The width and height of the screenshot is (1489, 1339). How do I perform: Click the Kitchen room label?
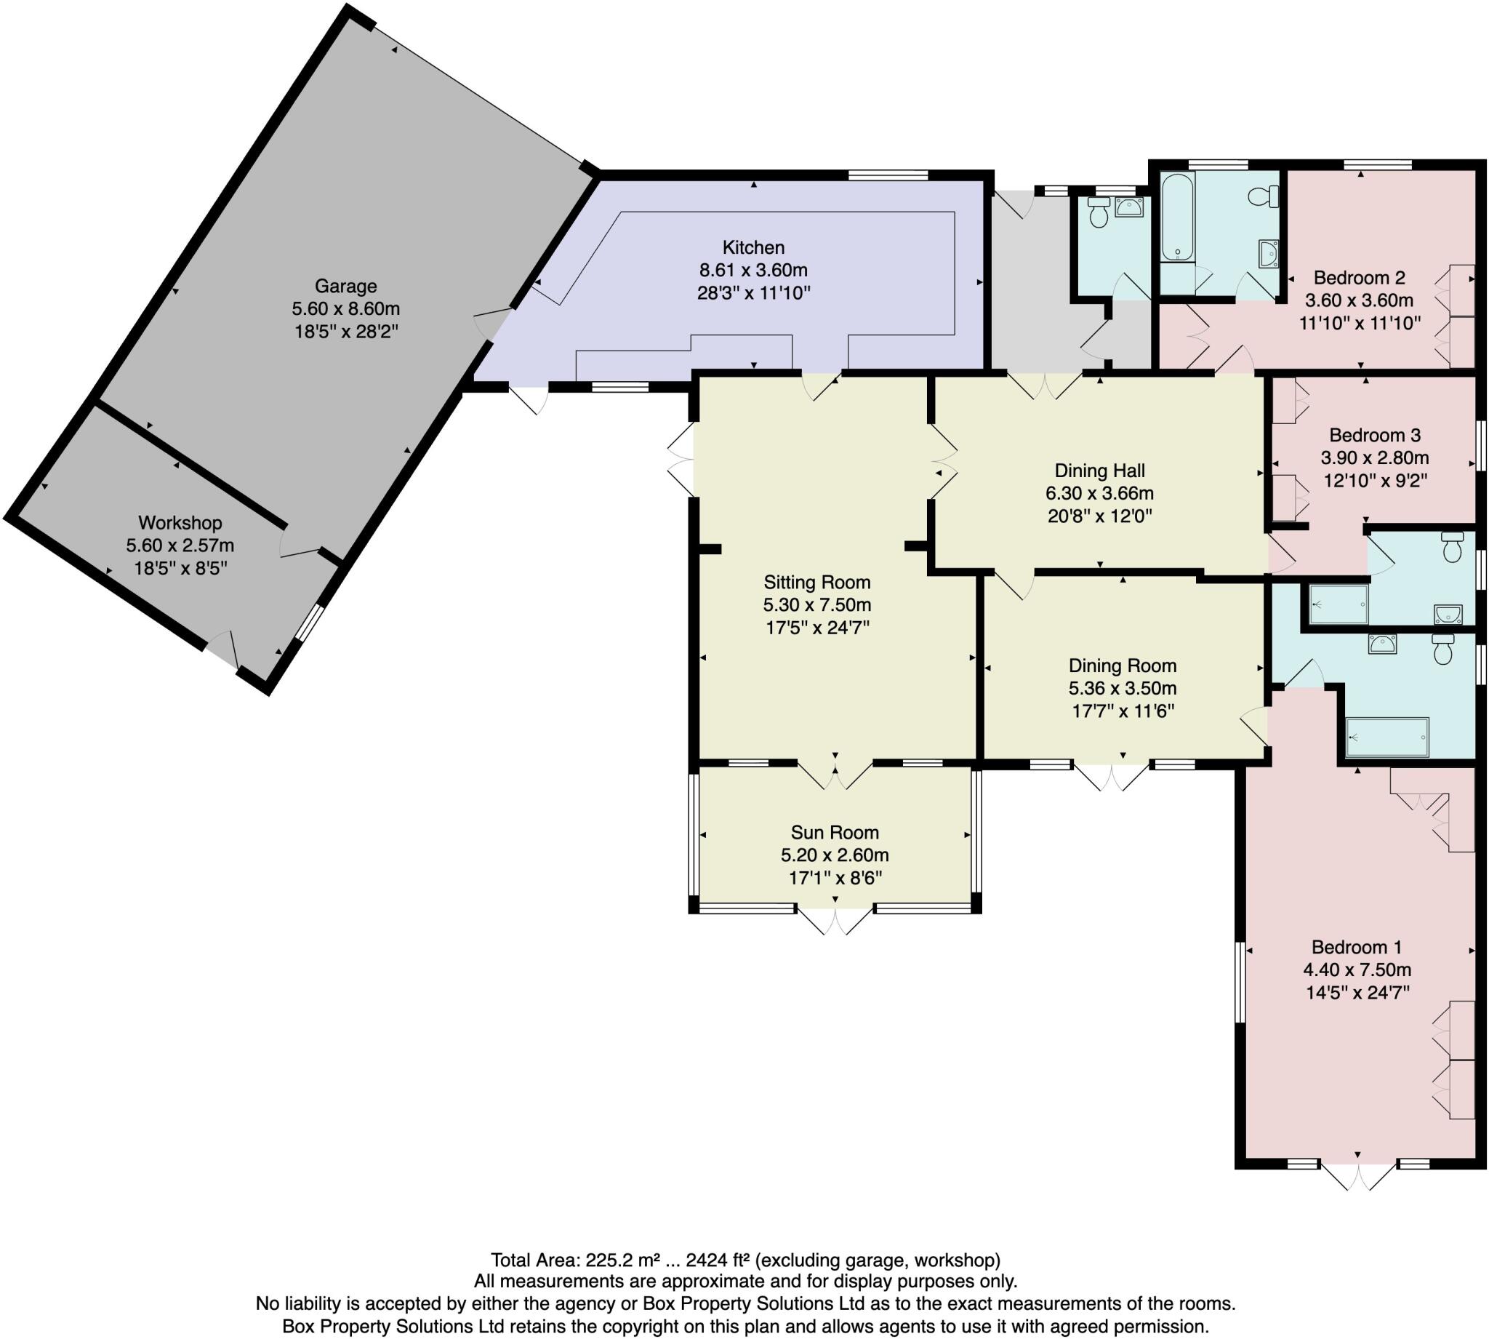tap(753, 247)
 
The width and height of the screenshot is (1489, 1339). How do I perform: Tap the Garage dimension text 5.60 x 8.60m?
tap(345, 308)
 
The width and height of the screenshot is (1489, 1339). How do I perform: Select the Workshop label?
tap(180, 522)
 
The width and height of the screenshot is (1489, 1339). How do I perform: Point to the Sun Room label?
tap(835, 832)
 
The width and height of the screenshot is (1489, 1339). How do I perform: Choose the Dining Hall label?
tap(1099, 470)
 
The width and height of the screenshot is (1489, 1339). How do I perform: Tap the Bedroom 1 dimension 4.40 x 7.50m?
tap(1357, 970)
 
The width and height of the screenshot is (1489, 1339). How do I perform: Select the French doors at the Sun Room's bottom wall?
tap(835, 920)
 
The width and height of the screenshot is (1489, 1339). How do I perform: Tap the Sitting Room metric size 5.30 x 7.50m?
tap(817, 604)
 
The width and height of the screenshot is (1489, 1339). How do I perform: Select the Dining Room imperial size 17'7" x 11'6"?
tap(1121, 711)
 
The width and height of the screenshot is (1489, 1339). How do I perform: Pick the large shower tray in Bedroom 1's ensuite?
tap(1386, 737)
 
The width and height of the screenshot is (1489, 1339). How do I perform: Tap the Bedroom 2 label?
tap(1359, 277)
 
